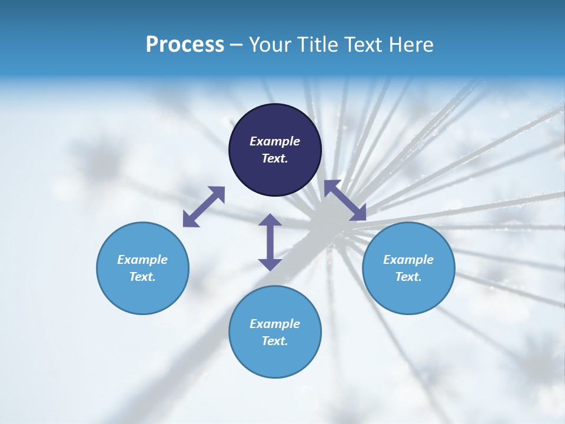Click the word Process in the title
(x=185, y=45)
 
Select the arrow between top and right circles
(x=345, y=201)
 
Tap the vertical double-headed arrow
(x=270, y=242)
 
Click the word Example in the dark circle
(x=275, y=141)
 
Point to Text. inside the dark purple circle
(x=275, y=158)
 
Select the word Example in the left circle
(x=142, y=260)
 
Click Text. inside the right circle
(x=408, y=277)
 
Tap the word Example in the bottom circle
(x=275, y=324)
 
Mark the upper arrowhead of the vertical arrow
(x=270, y=220)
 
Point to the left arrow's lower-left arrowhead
(x=190, y=221)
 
